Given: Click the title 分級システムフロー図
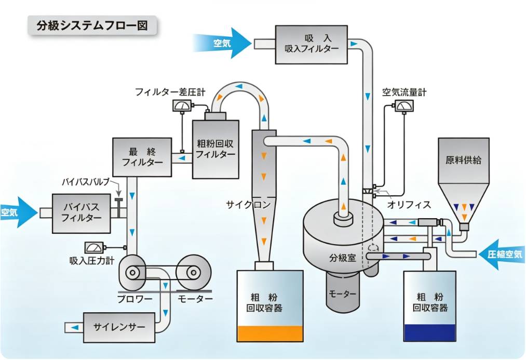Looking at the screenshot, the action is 92,25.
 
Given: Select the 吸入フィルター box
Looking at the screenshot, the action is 312,44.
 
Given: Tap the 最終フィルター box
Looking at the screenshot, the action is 142,157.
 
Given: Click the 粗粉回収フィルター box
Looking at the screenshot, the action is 215,149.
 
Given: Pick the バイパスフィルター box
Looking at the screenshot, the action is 81,213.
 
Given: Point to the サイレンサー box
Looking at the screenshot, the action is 119,327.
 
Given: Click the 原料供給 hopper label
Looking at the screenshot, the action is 463,160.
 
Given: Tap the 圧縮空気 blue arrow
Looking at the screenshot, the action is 502,254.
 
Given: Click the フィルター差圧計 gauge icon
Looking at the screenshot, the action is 182,105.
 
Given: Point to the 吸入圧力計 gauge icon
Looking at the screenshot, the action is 94,248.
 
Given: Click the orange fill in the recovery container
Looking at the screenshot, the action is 270,334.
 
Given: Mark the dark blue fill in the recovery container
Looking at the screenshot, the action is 430,332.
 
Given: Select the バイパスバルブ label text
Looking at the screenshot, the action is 86,182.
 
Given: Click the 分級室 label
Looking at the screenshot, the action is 343,258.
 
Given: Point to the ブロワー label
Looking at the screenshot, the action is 135,298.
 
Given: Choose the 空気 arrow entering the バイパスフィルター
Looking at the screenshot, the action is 19,212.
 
